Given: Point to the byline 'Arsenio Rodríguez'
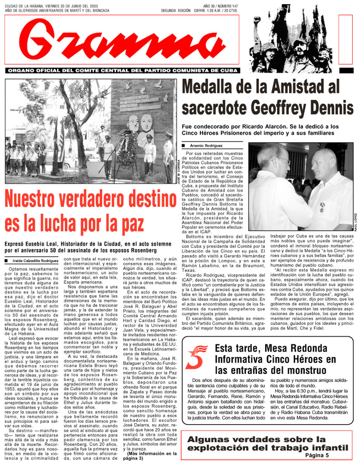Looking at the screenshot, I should coord(208,146).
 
